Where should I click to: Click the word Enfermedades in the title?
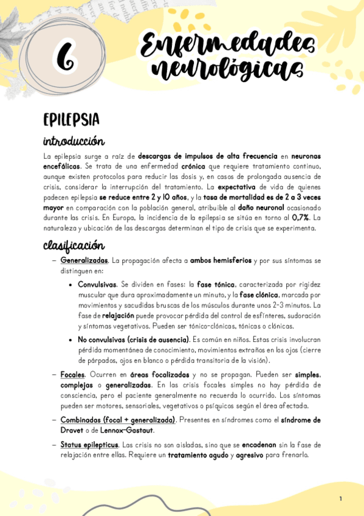point(227,44)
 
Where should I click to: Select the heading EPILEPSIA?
point(71,119)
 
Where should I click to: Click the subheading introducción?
point(74,141)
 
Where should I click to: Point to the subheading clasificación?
point(74,245)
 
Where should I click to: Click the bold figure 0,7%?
point(302,217)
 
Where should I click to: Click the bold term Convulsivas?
point(97,284)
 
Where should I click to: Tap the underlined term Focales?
point(73,375)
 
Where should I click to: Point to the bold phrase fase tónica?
point(217,284)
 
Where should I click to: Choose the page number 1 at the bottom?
point(341,499)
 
